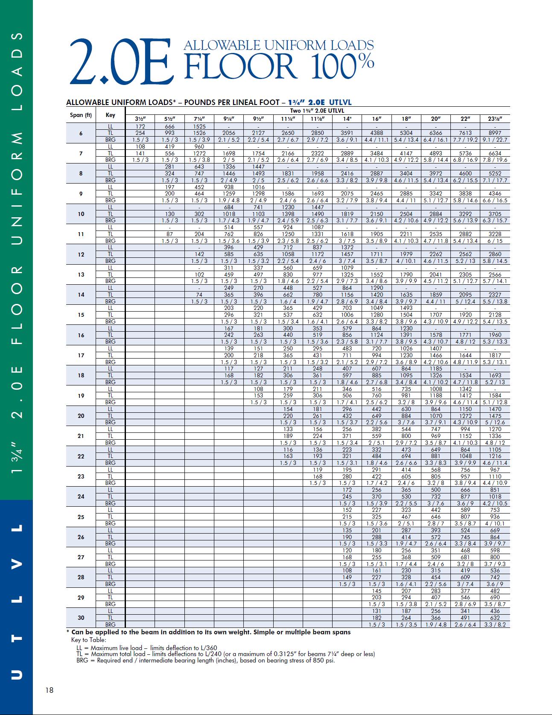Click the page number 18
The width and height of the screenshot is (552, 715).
click(50, 690)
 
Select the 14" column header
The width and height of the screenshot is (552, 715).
click(347, 119)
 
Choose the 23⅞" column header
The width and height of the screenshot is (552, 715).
click(495, 119)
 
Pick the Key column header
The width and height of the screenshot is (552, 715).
click(110, 115)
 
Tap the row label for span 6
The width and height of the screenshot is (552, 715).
click(81, 133)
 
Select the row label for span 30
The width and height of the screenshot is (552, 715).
click(81, 618)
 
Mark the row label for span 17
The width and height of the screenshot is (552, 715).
click(81, 355)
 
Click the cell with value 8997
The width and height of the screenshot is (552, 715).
click(495, 133)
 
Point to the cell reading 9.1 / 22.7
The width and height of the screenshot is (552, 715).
click(495, 140)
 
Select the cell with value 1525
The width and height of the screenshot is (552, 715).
click(199, 126)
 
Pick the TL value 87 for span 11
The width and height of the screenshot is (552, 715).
click(169, 234)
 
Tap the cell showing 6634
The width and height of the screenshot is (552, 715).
click(495, 153)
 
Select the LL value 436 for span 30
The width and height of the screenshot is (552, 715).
click(495, 611)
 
